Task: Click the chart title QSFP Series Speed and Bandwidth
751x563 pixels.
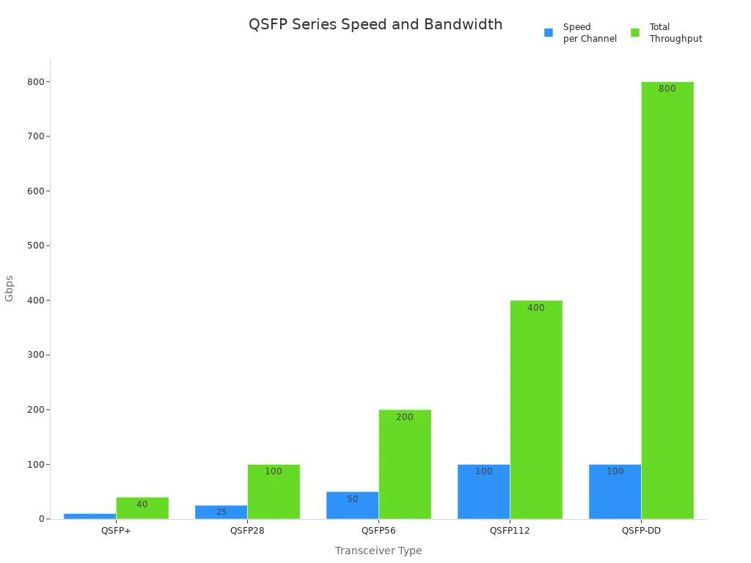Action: (375, 24)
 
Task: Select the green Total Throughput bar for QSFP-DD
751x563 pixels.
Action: (667, 301)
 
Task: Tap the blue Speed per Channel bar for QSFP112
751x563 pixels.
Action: (483, 492)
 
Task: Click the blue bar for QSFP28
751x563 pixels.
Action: (221, 512)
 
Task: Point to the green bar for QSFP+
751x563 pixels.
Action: (142, 508)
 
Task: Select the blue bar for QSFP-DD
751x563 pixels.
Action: (615, 492)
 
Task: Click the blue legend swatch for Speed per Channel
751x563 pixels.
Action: (549, 33)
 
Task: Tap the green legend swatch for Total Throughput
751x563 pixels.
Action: (635, 33)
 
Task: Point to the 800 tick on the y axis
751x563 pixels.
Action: (34, 82)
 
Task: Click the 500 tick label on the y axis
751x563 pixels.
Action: (34, 246)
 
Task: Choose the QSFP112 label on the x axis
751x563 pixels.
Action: (510, 531)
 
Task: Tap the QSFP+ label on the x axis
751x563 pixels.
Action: (116, 531)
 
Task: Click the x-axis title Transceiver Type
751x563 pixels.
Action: (378, 551)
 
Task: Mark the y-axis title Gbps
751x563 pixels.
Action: (10, 288)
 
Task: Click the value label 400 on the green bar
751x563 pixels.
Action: (536, 308)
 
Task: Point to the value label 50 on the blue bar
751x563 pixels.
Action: (353, 499)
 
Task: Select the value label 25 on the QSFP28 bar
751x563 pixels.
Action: (221, 512)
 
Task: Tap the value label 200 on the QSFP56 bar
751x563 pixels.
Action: (405, 417)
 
